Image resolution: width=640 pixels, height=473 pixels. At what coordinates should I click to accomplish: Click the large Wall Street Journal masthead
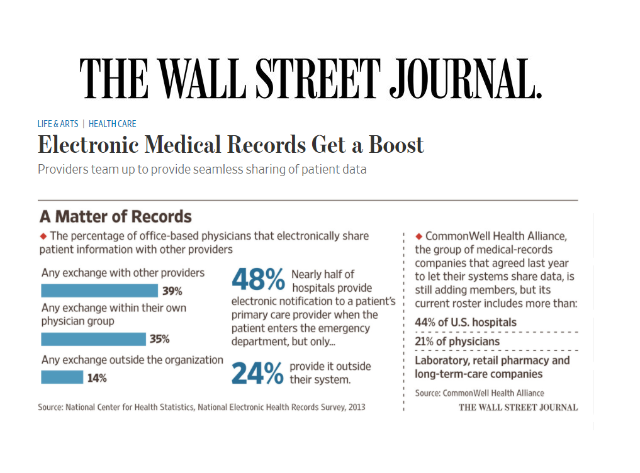pos(310,78)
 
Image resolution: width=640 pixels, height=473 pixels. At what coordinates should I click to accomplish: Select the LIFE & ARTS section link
pos(58,124)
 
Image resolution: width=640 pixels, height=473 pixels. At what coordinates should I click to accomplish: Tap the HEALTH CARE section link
pos(112,124)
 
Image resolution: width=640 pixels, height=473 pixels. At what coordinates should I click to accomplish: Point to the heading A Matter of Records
pos(115,217)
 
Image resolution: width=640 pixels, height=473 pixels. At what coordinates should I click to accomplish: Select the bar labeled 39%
pos(99,291)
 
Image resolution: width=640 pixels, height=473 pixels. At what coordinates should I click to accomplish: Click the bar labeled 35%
pos(93,339)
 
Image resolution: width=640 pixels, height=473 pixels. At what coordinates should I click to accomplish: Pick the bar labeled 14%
pos(62,377)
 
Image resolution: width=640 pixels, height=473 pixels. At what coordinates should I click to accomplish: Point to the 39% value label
pos(172,291)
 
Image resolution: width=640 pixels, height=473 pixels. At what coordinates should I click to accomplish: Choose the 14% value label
pos(97,378)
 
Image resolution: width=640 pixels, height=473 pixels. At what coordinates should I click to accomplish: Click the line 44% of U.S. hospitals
pos(465,323)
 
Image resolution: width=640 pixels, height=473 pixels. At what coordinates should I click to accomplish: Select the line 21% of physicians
pos(457,342)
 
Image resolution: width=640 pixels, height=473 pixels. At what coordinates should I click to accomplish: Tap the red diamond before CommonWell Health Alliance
pos(418,237)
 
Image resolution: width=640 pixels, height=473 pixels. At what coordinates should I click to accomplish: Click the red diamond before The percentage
pos(43,237)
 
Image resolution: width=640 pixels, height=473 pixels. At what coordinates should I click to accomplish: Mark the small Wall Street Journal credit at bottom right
pos(518,407)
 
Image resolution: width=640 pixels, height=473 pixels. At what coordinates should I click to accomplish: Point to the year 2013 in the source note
pos(356,407)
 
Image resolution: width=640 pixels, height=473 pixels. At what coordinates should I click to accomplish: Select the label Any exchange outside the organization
pos(132,360)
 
